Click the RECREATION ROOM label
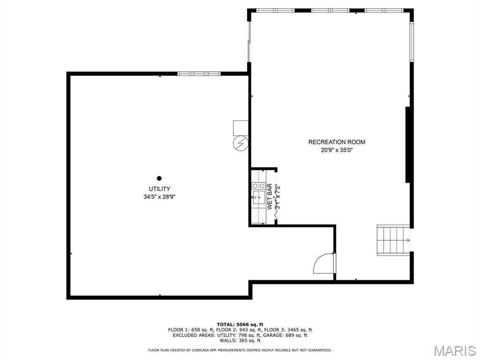point(337,142)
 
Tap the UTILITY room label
point(159,189)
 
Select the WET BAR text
point(270,196)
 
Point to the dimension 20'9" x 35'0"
point(337,150)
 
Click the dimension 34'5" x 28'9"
point(159,197)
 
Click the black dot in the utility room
point(159,178)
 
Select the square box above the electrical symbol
point(240,128)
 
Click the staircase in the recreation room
point(393,240)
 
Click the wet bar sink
point(259,197)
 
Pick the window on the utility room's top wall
point(199,74)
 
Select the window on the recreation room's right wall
point(412,42)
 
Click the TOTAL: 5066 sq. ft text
point(240,324)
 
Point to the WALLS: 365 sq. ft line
point(240,340)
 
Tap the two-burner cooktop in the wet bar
point(259,186)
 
